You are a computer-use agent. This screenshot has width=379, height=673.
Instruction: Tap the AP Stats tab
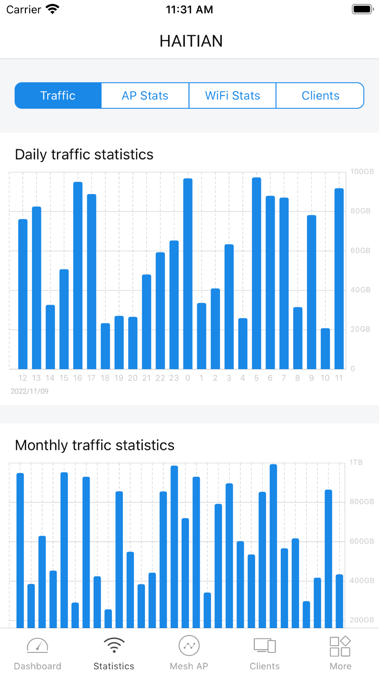click(x=145, y=96)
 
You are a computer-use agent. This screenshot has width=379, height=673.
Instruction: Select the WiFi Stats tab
click(x=232, y=96)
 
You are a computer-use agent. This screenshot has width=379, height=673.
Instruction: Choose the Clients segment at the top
click(x=320, y=96)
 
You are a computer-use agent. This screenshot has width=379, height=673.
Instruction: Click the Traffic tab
click(x=58, y=96)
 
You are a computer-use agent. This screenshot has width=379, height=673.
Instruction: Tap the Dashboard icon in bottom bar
click(x=38, y=646)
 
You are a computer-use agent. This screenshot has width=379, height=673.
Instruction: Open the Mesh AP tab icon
click(x=189, y=646)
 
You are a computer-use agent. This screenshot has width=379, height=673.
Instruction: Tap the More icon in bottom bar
click(x=340, y=646)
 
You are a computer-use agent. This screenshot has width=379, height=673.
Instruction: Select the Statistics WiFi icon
click(x=114, y=646)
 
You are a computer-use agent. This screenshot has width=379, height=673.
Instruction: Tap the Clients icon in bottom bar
click(x=265, y=646)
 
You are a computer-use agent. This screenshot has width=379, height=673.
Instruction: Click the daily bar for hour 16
click(x=78, y=276)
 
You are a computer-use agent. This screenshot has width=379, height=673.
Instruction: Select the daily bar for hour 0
click(x=188, y=274)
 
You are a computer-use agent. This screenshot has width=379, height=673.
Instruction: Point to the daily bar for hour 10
click(x=325, y=348)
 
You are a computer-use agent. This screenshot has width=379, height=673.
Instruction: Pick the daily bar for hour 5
click(x=257, y=273)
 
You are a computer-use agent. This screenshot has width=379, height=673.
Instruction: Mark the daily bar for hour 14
click(x=50, y=337)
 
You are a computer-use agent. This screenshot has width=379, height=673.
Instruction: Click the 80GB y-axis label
click(x=360, y=211)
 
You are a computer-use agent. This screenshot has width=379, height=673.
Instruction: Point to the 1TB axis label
click(x=356, y=462)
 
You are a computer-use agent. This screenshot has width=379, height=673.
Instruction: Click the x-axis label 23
click(x=174, y=378)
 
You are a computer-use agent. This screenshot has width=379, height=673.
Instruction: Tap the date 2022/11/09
click(x=29, y=391)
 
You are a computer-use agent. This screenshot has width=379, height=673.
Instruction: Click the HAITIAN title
click(x=191, y=41)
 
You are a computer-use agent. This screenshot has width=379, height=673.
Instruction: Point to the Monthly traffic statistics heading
click(x=95, y=445)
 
